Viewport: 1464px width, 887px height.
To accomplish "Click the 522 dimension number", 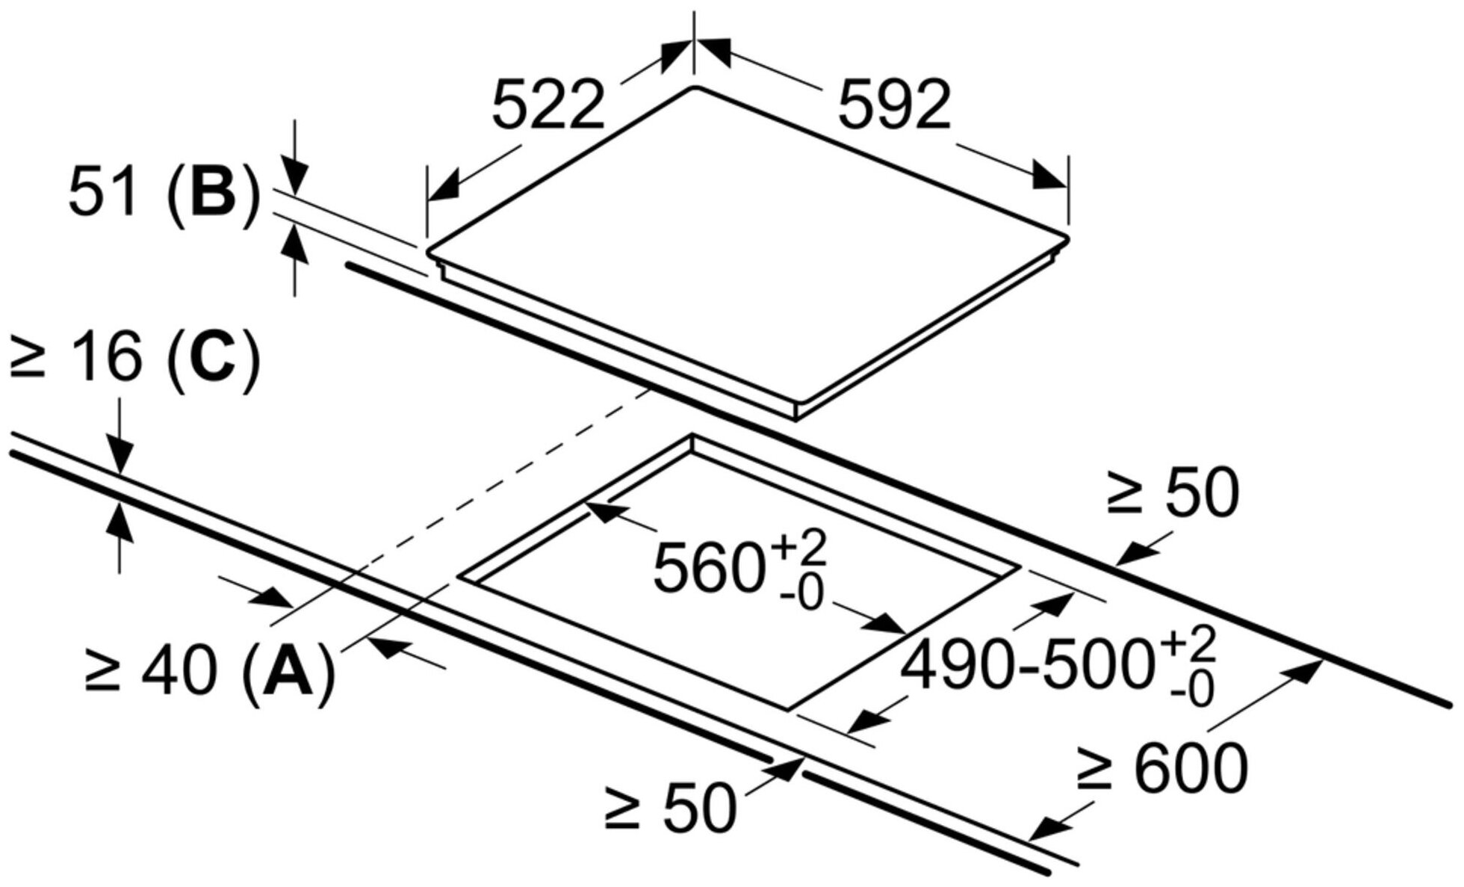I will click(x=548, y=105).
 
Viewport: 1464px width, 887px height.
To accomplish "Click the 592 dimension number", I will click(x=894, y=105).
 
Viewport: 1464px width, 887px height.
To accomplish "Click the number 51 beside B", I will click(x=102, y=192).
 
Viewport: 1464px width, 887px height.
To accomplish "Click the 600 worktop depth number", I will click(x=1191, y=768).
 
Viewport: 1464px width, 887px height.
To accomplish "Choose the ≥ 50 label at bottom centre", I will click(x=670, y=807).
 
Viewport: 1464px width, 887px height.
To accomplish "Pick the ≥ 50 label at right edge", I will click(x=1173, y=492).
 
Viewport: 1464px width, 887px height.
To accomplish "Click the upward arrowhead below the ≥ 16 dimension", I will click(x=120, y=519).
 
